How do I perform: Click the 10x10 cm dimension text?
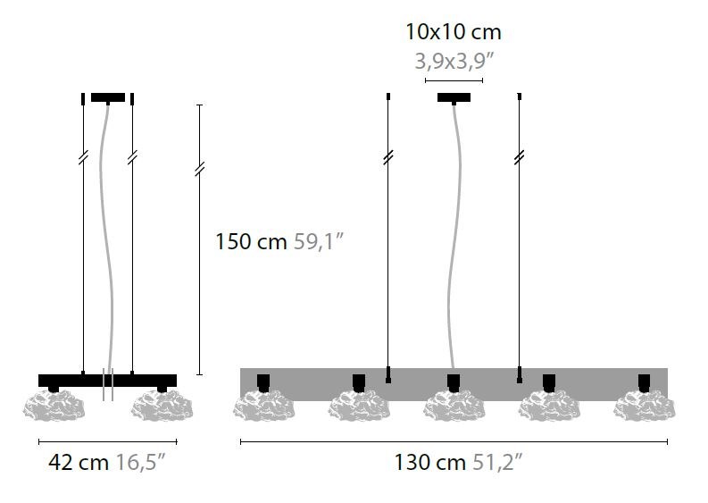pyautogui.click(x=454, y=32)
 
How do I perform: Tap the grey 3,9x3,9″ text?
pyautogui.click(x=454, y=62)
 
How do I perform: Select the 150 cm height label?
pyautogui.click(x=251, y=241)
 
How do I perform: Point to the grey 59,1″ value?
pyautogui.click(x=319, y=241)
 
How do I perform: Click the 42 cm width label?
pyautogui.click(x=79, y=462)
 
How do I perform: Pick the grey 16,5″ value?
pyautogui.click(x=141, y=462)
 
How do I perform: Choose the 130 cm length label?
pyautogui.click(x=429, y=462)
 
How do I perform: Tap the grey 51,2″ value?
pyautogui.click(x=497, y=462)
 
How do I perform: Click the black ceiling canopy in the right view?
pyautogui.click(x=454, y=97)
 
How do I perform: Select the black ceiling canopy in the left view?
pyautogui.click(x=108, y=97)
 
